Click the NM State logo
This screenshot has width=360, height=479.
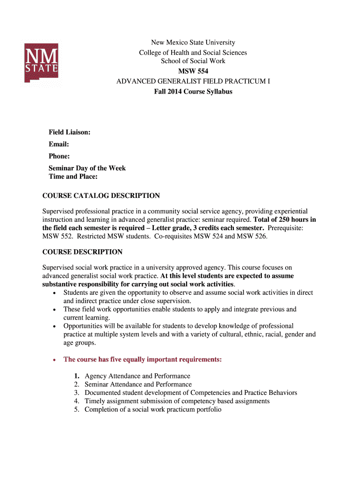pos(41,63)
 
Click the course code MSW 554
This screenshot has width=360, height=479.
pos(193,71)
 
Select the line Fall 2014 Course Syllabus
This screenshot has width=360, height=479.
pos(193,92)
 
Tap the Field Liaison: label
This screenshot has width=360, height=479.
pos(70,133)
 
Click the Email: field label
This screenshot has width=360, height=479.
pos(59,145)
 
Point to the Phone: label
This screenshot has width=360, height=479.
pos(59,156)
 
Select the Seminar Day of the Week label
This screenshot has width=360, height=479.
pos(87,168)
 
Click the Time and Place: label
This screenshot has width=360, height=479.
pos(73,176)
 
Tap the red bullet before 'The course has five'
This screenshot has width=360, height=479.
pos(55,360)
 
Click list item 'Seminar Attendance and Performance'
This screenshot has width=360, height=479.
pos(138,385)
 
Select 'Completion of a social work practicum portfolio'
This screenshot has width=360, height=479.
pos(153,410)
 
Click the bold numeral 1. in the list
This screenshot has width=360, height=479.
pos(76,376)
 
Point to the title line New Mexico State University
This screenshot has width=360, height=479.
pos(193,43)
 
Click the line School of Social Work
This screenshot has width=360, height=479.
pos(193,61)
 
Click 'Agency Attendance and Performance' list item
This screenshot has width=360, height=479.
pos(137,376)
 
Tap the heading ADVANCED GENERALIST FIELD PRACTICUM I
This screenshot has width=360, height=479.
pos(193,81)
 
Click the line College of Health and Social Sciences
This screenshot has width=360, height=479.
pos(193,52)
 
